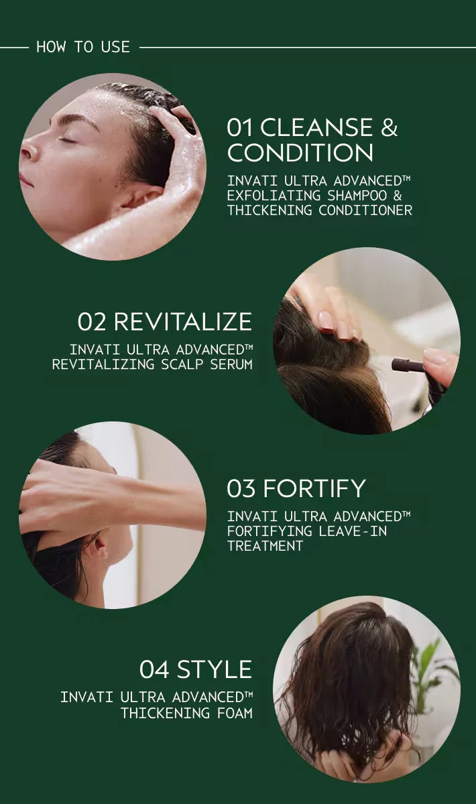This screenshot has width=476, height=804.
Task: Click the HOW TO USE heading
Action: [x=83, y=47]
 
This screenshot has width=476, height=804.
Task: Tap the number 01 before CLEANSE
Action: [x=239, y=127]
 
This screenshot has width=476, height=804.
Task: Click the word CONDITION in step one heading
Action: [x=300, y=153]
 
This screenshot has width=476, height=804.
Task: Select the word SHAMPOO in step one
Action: [x=357, y=196]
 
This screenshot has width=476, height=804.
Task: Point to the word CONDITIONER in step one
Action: [x=365, y=210]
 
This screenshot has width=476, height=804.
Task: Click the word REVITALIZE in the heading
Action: [x=183, y=322]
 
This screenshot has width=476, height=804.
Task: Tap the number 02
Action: [x=92, y=322]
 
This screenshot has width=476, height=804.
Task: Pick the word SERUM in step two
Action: [x=231, y=364]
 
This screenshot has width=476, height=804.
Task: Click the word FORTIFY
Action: [x=314, y=488]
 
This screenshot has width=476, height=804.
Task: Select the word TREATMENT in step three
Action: [x=265, y=546]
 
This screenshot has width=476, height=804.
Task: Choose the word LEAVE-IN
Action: [x=353, y=531]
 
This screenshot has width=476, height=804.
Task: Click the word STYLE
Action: [x=215, y=669]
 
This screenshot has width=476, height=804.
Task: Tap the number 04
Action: [x=154, y=669]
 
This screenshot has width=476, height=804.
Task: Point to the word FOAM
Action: [x=234, y=713]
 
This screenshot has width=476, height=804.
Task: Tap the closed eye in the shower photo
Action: [x=68, y=139]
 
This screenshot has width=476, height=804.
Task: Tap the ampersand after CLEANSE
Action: [x=389, y=127]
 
